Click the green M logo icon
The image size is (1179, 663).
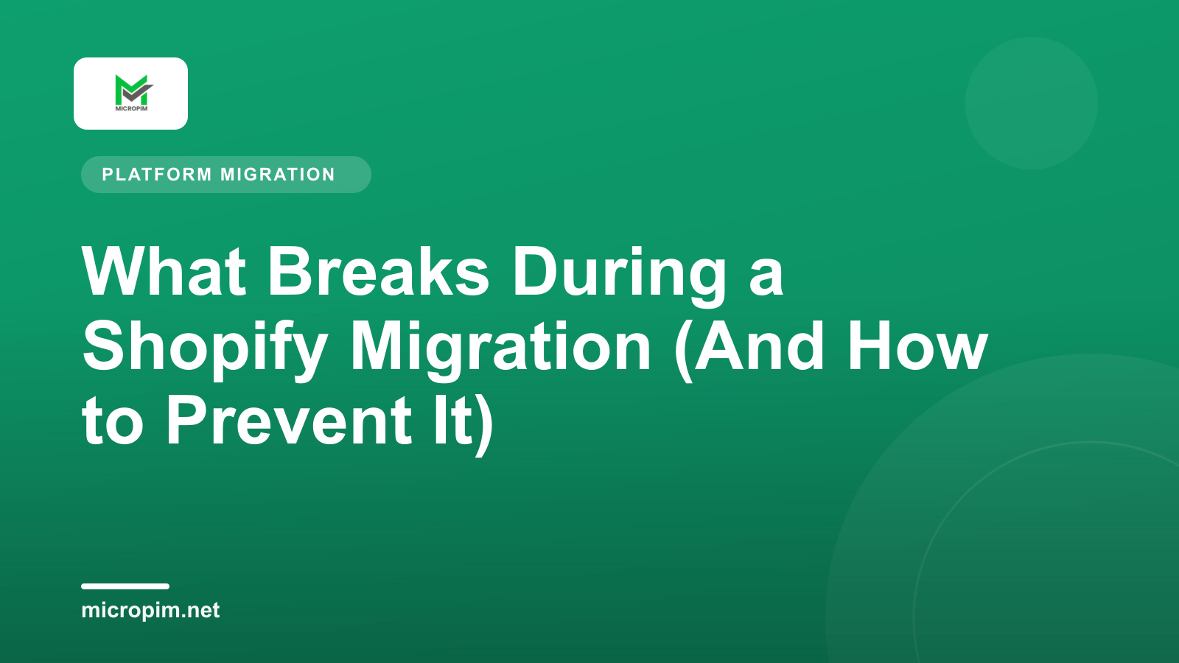click(x=133, y=90)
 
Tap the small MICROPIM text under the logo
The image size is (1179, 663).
click(x=131, y=108)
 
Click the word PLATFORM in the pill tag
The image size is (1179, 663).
click(x=157, y=174)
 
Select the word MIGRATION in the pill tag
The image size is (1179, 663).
click(x=277, y=174)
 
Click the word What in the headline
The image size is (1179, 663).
click(x=164, y=272)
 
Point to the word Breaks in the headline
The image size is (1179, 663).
click(x=379, y=272)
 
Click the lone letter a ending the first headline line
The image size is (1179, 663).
click(x=766, y=279)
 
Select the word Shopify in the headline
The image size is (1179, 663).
click(x=205, y=350)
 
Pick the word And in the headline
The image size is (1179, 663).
click(x=759, y=346)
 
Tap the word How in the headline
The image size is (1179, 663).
click(x=917, y=346)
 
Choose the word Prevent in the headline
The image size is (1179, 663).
click(x=288, y=420)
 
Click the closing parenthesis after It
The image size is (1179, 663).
click(x=485, y=425)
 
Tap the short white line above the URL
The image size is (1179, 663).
click(x=125, y=586)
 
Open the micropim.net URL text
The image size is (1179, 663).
click(x=150, y=611)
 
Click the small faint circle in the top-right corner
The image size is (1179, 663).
click(x=1031, y=103)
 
